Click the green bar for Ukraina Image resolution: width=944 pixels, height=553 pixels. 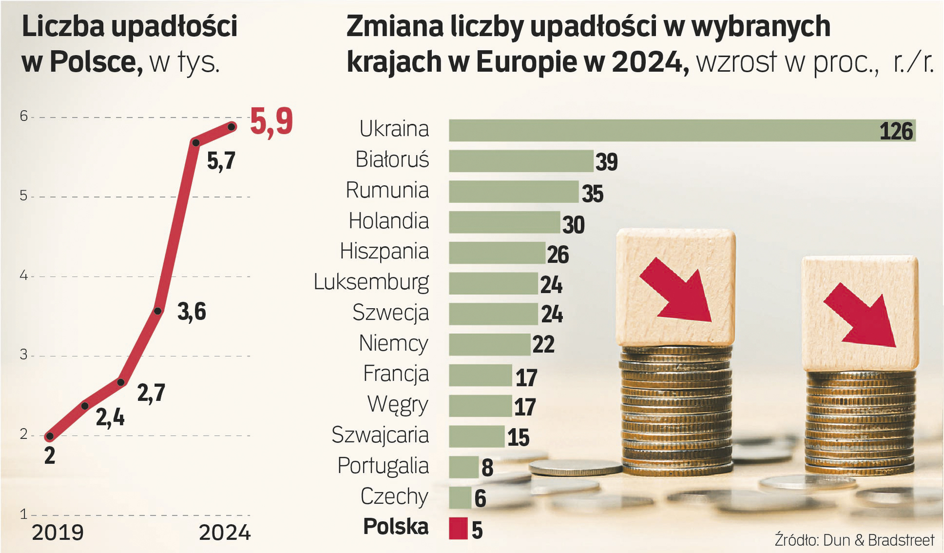click(x=665, y=130)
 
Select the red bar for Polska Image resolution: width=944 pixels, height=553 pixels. click(x=458, y=528)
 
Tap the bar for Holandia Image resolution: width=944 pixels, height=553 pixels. click(x=504, y=222)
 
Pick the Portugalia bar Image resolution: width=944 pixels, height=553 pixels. click(x=464, y=467)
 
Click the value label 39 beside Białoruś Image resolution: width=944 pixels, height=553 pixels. click(x=606, y=162)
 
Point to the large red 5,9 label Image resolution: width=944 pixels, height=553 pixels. click(x=271, y=122)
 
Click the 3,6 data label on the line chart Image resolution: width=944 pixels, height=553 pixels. click(x=191, y=312)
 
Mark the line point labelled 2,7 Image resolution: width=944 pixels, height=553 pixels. click(x=121, y=382)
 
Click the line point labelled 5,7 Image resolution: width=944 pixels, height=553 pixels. click(x=195, y=142)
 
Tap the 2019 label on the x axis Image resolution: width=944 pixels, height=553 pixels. click(x=58, y=533)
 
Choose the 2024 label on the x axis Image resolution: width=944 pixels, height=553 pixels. click(x=225, y=533)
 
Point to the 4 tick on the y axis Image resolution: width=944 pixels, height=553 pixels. click(x=24, y=276)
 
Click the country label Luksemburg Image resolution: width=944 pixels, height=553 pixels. click(x=371, y=283)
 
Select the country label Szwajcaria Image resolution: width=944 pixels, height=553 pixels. click(x=380, y=435)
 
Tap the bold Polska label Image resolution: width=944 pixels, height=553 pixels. click(x=396, y=527)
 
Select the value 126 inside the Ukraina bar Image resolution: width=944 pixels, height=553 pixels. click(x=896, y=132)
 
